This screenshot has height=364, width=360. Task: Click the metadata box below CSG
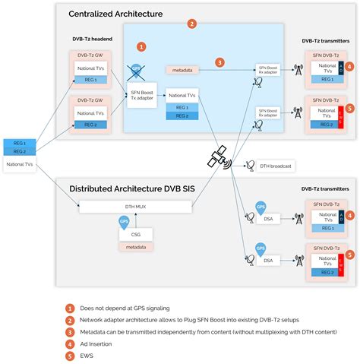point(137,247)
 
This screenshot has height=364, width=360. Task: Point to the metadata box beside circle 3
point(182,70)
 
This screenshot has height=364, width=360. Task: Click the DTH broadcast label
point(276,166)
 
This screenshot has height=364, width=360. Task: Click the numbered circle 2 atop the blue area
point(192,24)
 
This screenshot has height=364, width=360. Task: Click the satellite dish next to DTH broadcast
point(251,166)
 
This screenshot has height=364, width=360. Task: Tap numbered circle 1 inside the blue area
point(141,47)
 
